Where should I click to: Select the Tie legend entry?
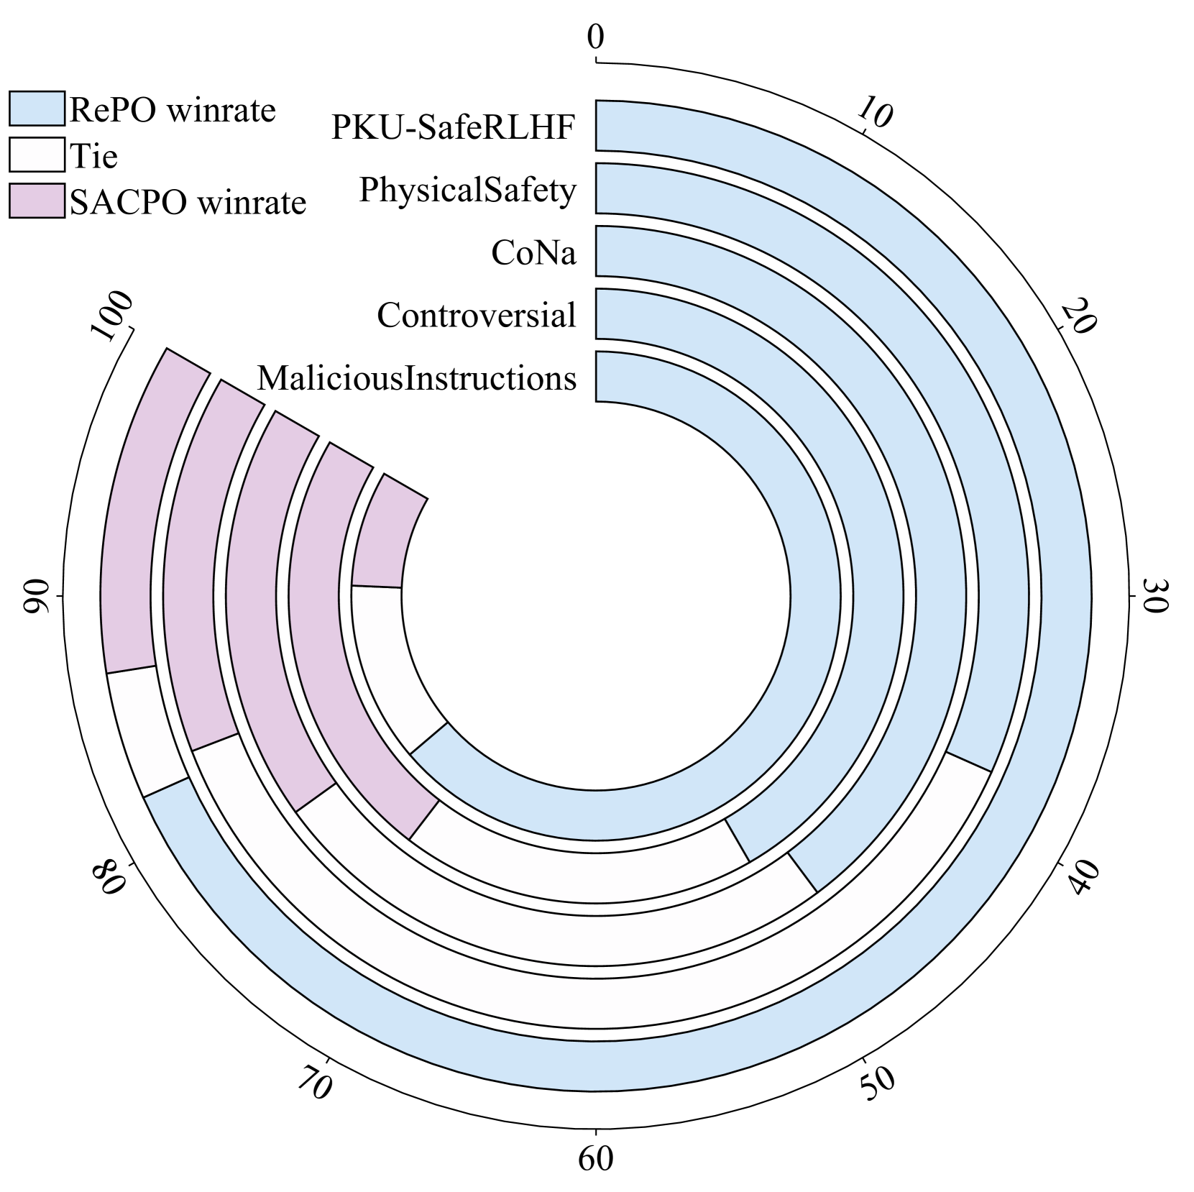(93, 156)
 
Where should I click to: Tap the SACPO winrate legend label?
(188, 203)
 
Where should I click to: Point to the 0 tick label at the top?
(595, 37)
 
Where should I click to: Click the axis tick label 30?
(1154, 596)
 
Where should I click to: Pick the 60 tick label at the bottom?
(596, 1160)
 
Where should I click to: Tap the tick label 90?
(37, 596)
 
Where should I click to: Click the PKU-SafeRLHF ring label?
(454, 127)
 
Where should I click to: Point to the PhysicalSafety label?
(467, 190)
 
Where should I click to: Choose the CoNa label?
(533, 252)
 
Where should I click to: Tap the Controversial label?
(476, 315)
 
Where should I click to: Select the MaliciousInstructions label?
(417, 378)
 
